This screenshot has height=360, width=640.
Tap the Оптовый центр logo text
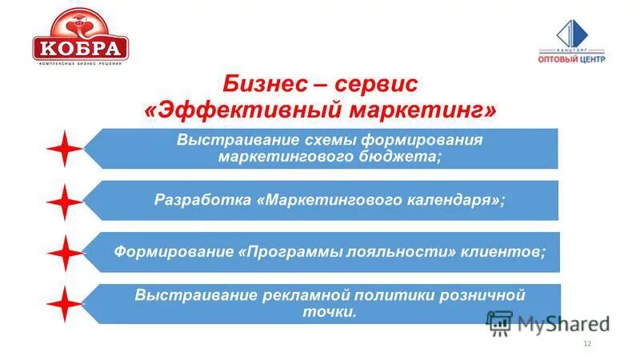coord(571,58)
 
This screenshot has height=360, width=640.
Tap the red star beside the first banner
coord(65,149)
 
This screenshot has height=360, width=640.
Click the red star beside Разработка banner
coord(65,201)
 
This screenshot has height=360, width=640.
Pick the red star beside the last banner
coord(65,305)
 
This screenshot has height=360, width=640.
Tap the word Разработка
coord(202,200)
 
